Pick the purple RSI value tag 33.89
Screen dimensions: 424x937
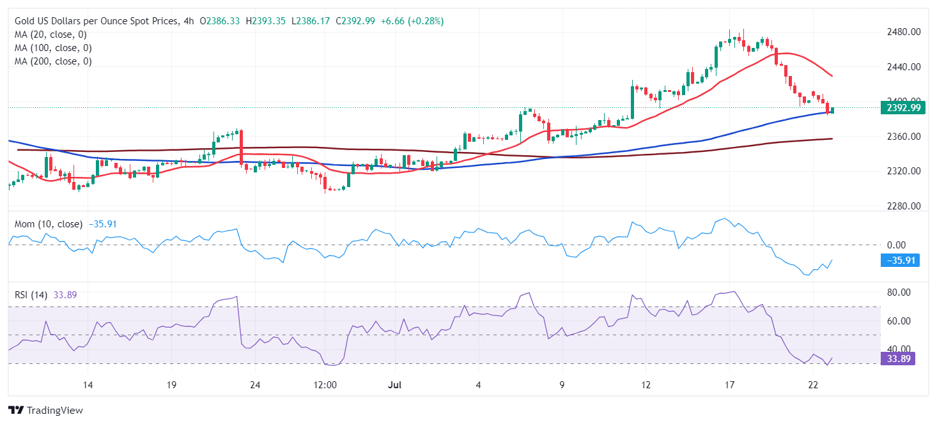[897, 359]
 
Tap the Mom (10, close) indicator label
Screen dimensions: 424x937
[48, 224]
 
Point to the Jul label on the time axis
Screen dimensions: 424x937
[395, 385]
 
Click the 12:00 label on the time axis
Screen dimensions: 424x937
[325, 385]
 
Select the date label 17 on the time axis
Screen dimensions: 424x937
[729, 385]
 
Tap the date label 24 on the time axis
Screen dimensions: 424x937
[254, 385]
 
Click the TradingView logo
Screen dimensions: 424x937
[45, 410]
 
